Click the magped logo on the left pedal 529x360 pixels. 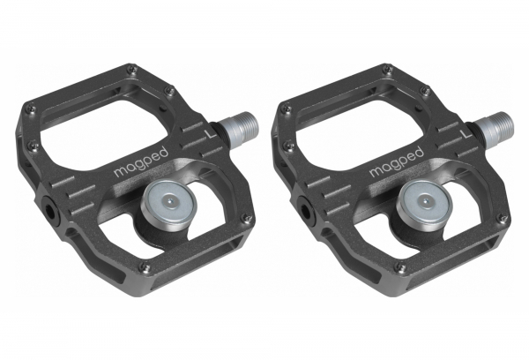[x=141, y=161]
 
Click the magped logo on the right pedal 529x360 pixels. [x=397, y=161]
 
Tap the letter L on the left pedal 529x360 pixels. [x=211, y=133]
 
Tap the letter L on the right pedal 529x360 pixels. [x=466, y=133]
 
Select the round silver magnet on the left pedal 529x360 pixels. [x=167, y=206]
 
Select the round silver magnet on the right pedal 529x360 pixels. [x=422, y=206]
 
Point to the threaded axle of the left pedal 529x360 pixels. [x=240, y=127]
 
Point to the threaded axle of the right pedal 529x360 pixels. [x=495, y=127]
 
